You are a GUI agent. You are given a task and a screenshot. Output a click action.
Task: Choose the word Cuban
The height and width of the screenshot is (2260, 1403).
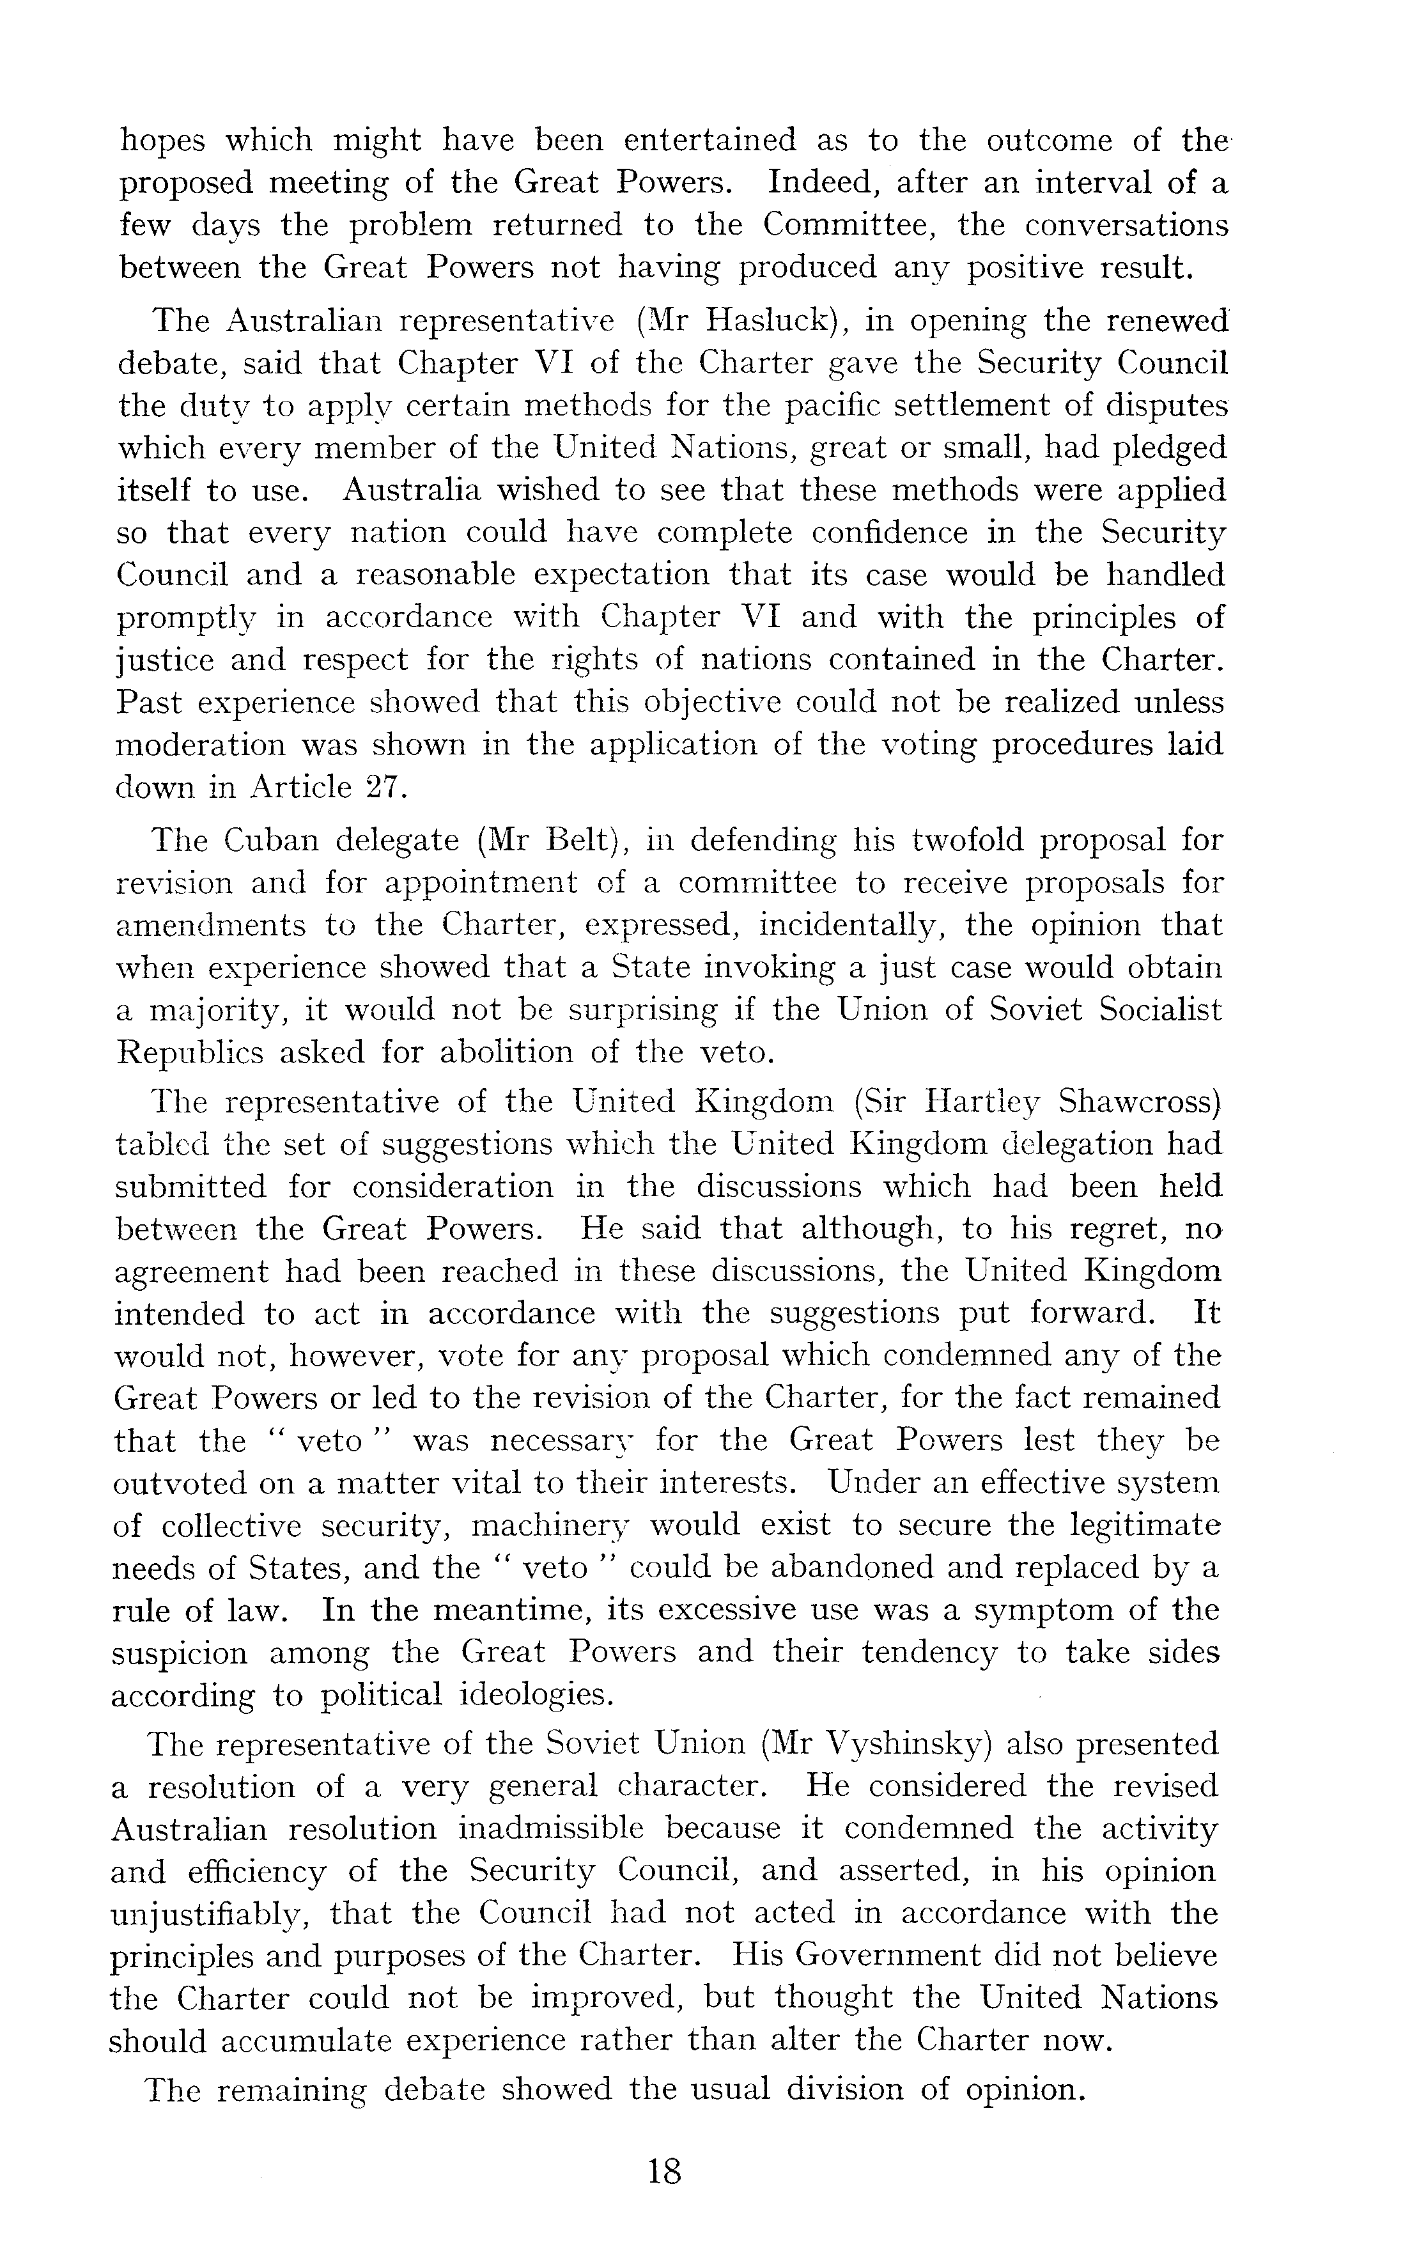269,840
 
